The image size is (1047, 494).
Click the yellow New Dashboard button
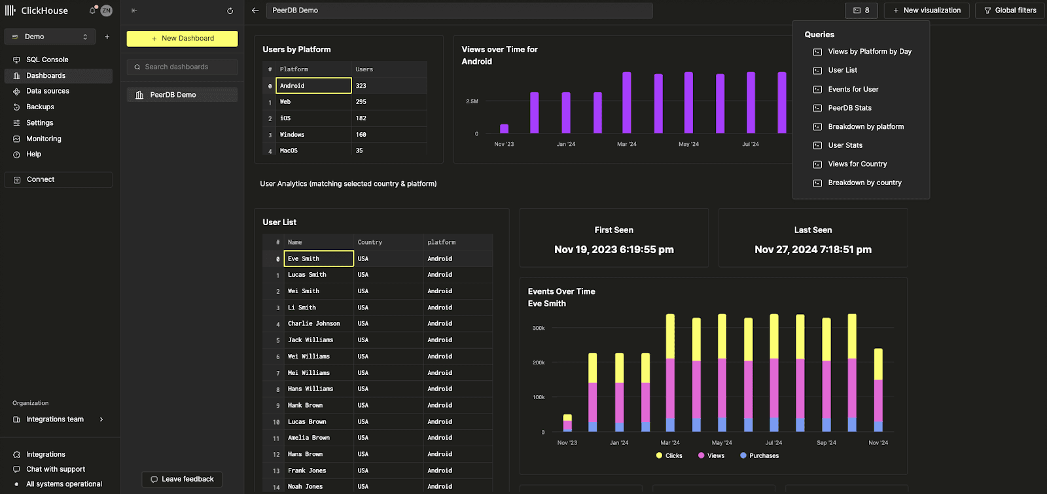[x=182, y=39]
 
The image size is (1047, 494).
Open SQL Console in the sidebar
[x=46, y=60]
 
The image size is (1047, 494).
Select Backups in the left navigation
[x=40, y=107]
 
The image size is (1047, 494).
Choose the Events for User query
[x=853, y=89]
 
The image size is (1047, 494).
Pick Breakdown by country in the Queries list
[x=864, y=183]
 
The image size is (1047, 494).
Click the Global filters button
[x=1010, y=10]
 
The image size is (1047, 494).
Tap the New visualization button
[x=926, y=10]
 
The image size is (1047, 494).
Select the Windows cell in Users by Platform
[x=292, y=135]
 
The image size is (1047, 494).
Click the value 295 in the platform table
[x=361, y=102]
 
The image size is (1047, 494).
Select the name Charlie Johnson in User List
[x=313, y=323]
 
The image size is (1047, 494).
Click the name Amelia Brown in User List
[x=308, y=438]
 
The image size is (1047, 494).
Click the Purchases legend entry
[x=763, y=455]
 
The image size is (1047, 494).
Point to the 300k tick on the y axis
[x=539, y=328]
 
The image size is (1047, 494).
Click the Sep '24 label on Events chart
[x=826, y=443]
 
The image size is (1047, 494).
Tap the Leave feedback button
[x=182, y=479]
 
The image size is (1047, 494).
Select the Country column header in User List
[x=370, y=242]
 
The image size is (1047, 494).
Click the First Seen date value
[x=613, y=249]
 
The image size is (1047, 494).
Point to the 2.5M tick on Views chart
[x=472, y=101]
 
